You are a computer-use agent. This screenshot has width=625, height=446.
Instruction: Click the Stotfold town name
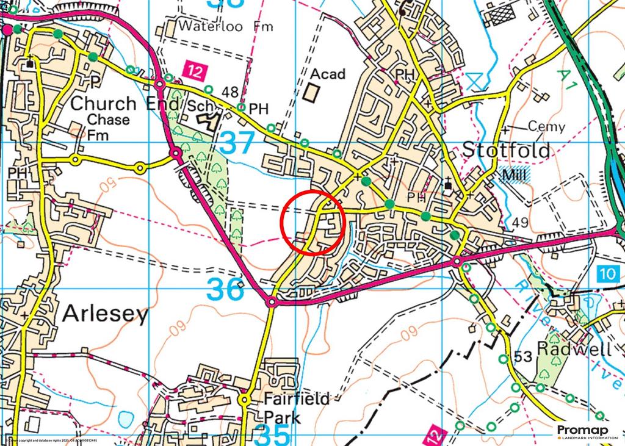pyautogui.click(x=506, y=150)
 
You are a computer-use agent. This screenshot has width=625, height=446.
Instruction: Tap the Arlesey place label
pyautogui.click(x=106, y=315)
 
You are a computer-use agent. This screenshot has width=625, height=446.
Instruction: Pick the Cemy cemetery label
pyautogui.click(x=546, y=127)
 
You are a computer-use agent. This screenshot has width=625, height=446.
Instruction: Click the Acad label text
pyautogui.click(x=328, y=74)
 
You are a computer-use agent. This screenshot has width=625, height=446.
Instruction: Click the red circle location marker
pyautogui.click(x=313, y=223)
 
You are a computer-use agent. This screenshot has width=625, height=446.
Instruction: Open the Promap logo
pyautogui.click(x=587, y=433)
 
